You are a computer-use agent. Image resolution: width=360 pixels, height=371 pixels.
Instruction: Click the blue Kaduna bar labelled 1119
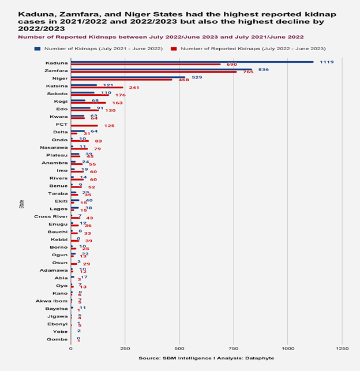tap(192, 62)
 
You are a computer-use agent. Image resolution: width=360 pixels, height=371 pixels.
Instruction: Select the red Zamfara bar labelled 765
tap(153, 72)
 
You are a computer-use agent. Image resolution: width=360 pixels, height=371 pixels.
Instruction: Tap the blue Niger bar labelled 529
tap(128, 77)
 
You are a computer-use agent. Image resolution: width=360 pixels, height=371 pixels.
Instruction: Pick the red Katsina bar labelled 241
tap(97, 87)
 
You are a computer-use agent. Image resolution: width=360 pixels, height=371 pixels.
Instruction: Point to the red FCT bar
tap(84, 125)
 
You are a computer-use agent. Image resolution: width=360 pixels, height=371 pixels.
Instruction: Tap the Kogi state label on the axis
tap(61, 101)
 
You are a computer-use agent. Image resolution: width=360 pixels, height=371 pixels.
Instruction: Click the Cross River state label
tap(51, 216)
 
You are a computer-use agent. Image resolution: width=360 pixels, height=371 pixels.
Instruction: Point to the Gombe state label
tap(58, 339)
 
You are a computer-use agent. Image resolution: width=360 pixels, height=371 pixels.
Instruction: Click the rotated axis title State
tap(21, 204)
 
